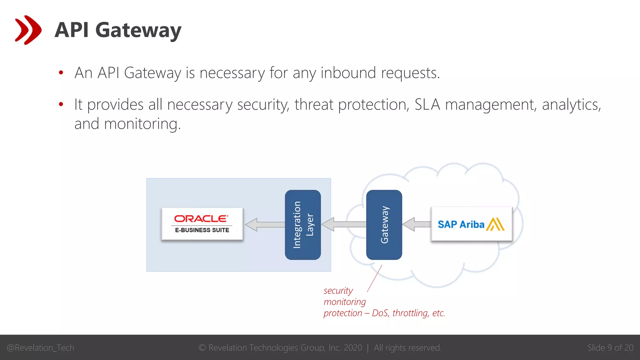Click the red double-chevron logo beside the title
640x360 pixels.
pos(28,30)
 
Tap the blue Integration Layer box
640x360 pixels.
pos(302,225)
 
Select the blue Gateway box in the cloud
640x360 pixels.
pos(384,225)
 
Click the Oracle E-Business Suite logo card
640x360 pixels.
pos(202,224)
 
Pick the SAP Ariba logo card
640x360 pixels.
pos(471,224)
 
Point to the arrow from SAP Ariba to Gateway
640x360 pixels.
pos(417,224)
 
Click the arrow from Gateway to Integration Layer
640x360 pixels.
pos(343,224)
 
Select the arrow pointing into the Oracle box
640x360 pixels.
pos(265,224)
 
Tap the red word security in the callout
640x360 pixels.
pos(338,291)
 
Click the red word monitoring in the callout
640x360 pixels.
pos(345,302)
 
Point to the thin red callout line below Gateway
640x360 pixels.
pos(375,278)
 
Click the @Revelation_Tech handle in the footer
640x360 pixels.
pos(41,348)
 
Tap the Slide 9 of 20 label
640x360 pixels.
pos(610,348)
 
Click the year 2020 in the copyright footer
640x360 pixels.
pos(353,348)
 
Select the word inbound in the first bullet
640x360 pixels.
pos(348,73)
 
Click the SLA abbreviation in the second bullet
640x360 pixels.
pos(427,105)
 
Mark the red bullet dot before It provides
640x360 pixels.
pos(61,104)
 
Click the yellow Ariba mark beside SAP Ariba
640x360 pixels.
pos(495,224)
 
